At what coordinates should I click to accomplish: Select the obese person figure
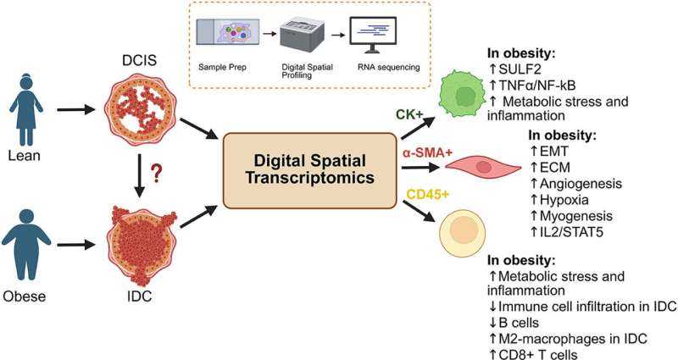click(x=26, y=244)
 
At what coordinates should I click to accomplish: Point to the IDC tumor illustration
click(x=142, y=245)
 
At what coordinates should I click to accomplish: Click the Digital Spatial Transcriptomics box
click(x=309, y=170)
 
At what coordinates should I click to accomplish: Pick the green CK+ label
click(x=410, y=115)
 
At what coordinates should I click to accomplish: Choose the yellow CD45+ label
click(x=428, y=195)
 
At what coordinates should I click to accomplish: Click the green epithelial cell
click(x=464, y=95)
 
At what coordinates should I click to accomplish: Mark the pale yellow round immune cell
click(x=462, y=234)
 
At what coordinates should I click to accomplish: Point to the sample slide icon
click(x=228, y=31)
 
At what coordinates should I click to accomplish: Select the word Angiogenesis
click(x=581, y=184)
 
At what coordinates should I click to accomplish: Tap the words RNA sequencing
click(x=388, y=68)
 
